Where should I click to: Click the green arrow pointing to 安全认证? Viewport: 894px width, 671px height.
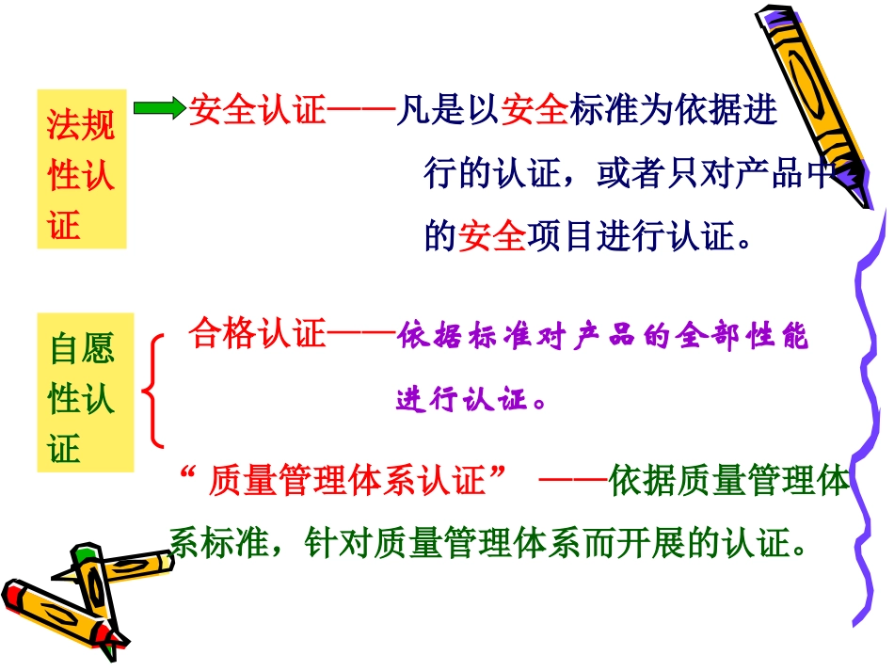(159, 108)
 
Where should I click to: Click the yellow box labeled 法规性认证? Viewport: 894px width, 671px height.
(81, 169)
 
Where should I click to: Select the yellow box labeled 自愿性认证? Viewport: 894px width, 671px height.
(85, 392)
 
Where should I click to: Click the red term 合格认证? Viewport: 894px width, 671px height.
(257, 334)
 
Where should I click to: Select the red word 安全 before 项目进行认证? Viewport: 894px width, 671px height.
(491, 236)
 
